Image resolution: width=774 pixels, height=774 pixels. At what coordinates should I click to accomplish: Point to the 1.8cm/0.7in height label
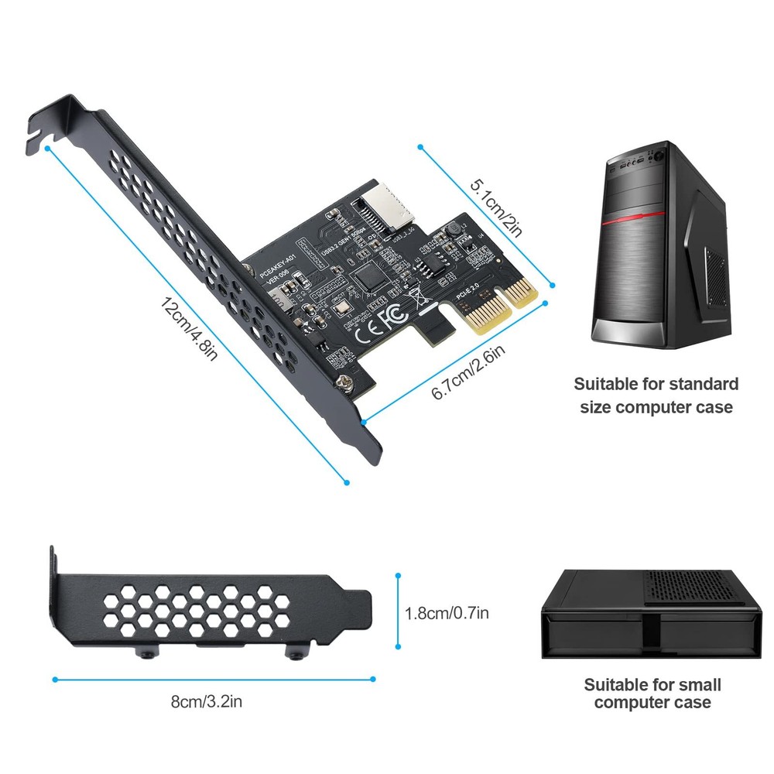coord(447,614)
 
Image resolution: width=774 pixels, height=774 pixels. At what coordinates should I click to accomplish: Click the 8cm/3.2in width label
coord(207,702)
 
